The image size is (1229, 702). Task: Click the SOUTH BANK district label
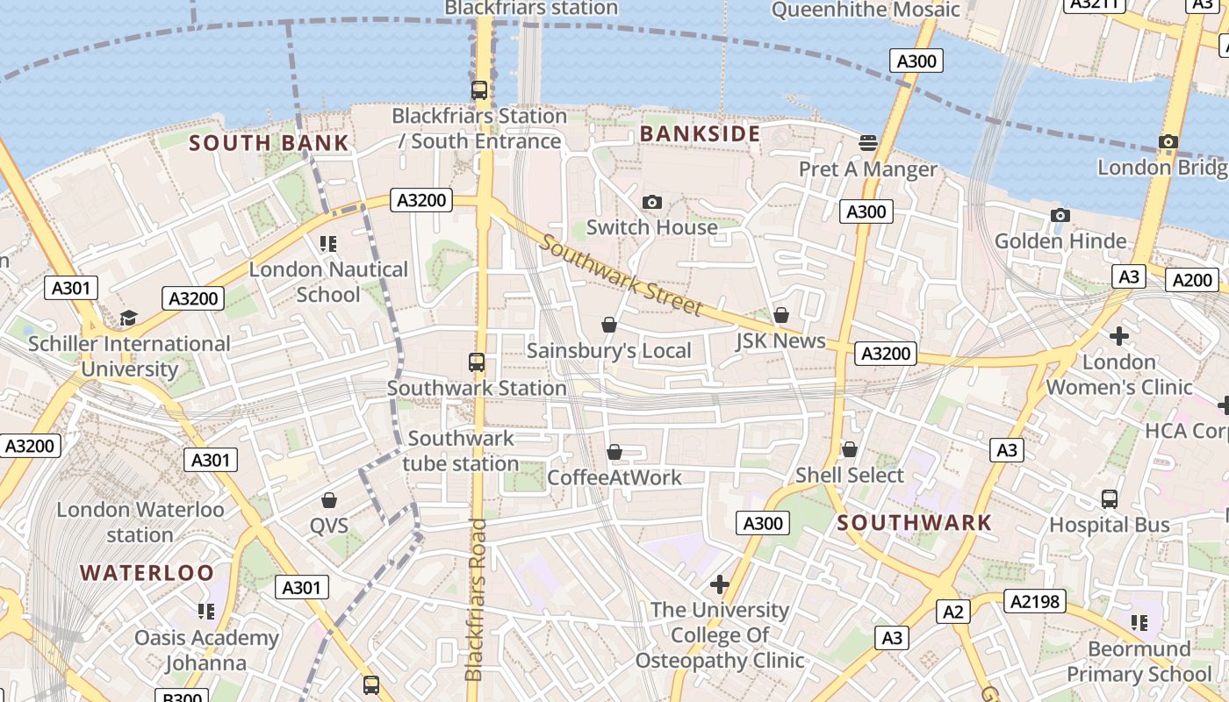pyautogui.click(x=269, y=143)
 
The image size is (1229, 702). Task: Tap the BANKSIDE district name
pyautogui.click(x=700, y=133)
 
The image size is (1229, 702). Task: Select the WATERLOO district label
pyautogui.click(x=147, y=573)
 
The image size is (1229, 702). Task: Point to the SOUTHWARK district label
pyautogui.click(x=914, y=523)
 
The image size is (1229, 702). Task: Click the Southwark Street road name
pyautogui.click(x=621, y=275)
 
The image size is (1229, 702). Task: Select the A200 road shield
pyautogui.click(x=1191, y=280)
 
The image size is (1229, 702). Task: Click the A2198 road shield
pyautogui.click(x=1037, y=601)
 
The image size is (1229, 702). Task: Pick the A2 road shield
pyautogui.click(x=953, y=612)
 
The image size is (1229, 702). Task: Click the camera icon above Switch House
pyautogui.click(x=651, y=203)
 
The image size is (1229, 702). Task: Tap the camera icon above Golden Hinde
pyautogui.click(x=1060, y=216)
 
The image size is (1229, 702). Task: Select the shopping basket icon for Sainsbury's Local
pyautogui.click(x=609, y=326)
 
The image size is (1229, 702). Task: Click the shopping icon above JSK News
pyautogui.click(x=780, y=315)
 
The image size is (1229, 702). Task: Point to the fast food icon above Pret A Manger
pyautogui.click(x=868, y=142)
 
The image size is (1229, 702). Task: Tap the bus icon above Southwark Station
pyautogui.click(x=477, y=362)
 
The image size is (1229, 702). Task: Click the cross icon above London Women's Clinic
pyautogui.click(x=1118, y=336)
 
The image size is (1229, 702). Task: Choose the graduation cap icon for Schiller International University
pyautogui.click(x=129, y=318)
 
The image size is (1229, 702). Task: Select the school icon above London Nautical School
pyautogui.click(x=328, y=244)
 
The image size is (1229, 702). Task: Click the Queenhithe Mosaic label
pyautogui.click(x=866, y=10)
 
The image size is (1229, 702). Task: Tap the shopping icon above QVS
pyautogui.click(x=329, y=500)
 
